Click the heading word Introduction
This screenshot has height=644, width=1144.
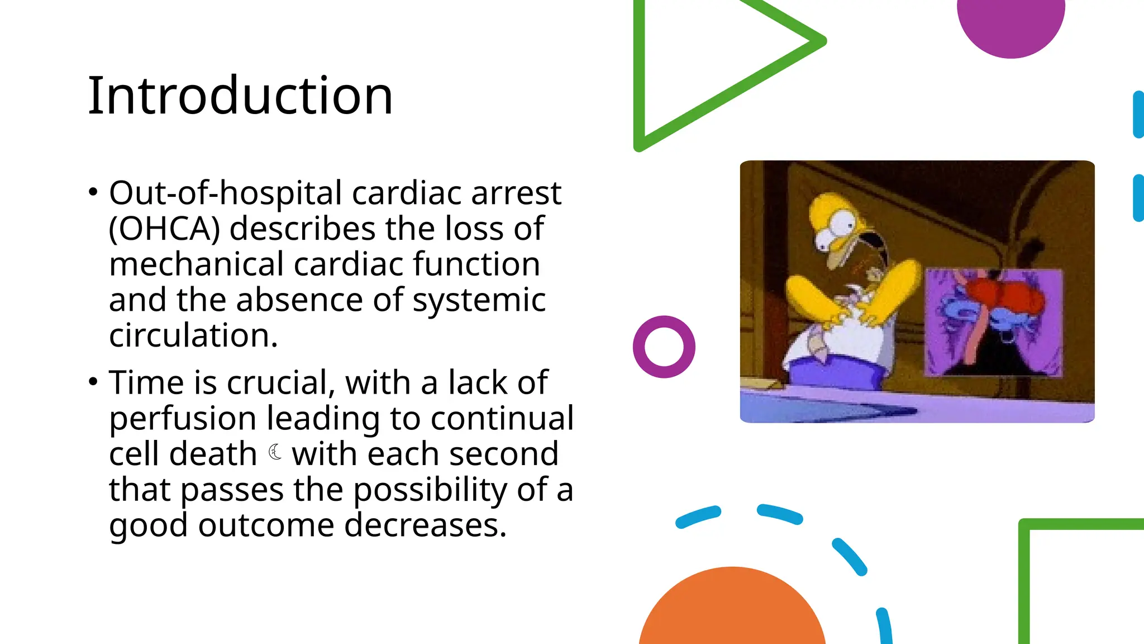(x=240, y=96)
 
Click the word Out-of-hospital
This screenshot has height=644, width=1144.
(x=229, y=193)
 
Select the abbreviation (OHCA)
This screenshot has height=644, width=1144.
(x=164, y=229)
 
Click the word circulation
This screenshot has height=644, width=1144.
(x=193, y=336)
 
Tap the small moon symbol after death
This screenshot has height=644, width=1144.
(x=275, y=452)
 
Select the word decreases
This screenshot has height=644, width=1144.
(x=425, y=525)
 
